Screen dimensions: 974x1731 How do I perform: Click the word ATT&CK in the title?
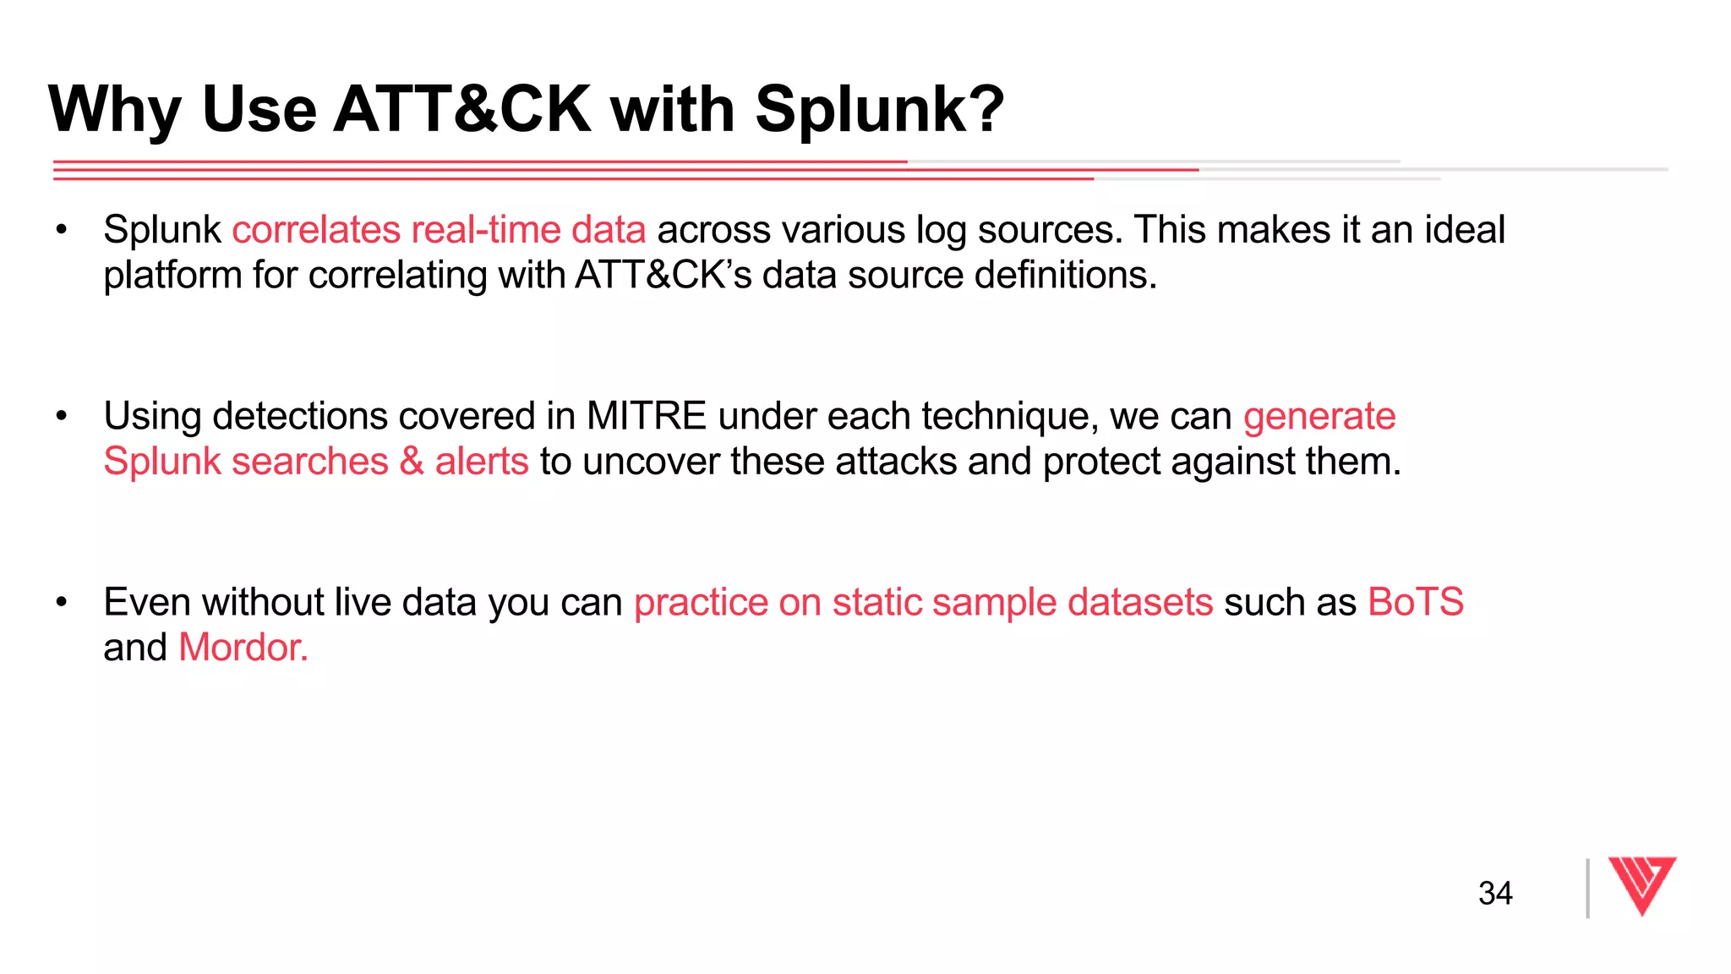click(462, 109)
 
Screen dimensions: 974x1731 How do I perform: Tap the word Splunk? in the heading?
click(879, 109)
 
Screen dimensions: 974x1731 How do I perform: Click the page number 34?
click(1495, 893)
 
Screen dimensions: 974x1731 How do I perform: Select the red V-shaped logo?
click(1641, 884)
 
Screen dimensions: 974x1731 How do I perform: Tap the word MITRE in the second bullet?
click(647, 416)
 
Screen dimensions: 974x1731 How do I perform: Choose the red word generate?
click(1319, 416)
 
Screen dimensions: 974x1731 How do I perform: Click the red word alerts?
click(482, 462)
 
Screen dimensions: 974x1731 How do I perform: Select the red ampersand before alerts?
click(412, 462)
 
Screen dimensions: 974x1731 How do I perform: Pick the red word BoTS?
click(1416, 602)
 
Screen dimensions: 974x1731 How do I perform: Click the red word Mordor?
click(243, 648)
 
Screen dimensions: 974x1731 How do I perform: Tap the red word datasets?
click(1140, 602)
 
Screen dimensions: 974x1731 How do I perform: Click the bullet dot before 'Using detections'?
click(61, 416)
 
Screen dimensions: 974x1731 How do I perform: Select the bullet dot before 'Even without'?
click(61, 602)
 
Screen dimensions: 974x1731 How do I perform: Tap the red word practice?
click(701, 602)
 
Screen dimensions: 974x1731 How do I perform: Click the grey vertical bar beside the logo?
click(1587, 888)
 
